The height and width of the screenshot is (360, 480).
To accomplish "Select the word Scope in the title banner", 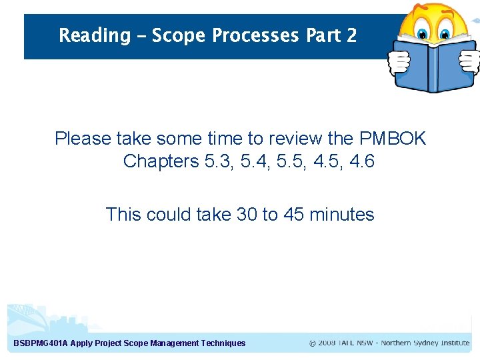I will [x=179, y=35].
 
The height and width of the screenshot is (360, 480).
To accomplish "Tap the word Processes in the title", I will [x=255, y=35].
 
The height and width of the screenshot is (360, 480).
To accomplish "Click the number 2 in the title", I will [x=351, y=35].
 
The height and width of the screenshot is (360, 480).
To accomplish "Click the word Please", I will [x=83, y=139].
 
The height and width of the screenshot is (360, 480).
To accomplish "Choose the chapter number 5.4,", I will [x=249, y=161].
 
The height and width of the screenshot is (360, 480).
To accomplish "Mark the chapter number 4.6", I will [x=361, y=161].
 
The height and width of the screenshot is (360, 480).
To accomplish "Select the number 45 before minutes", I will [x=294, y=215].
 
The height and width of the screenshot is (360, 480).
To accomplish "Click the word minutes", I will [x=343, y=215].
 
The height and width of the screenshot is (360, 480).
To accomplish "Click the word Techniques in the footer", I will [x=223, y=343].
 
